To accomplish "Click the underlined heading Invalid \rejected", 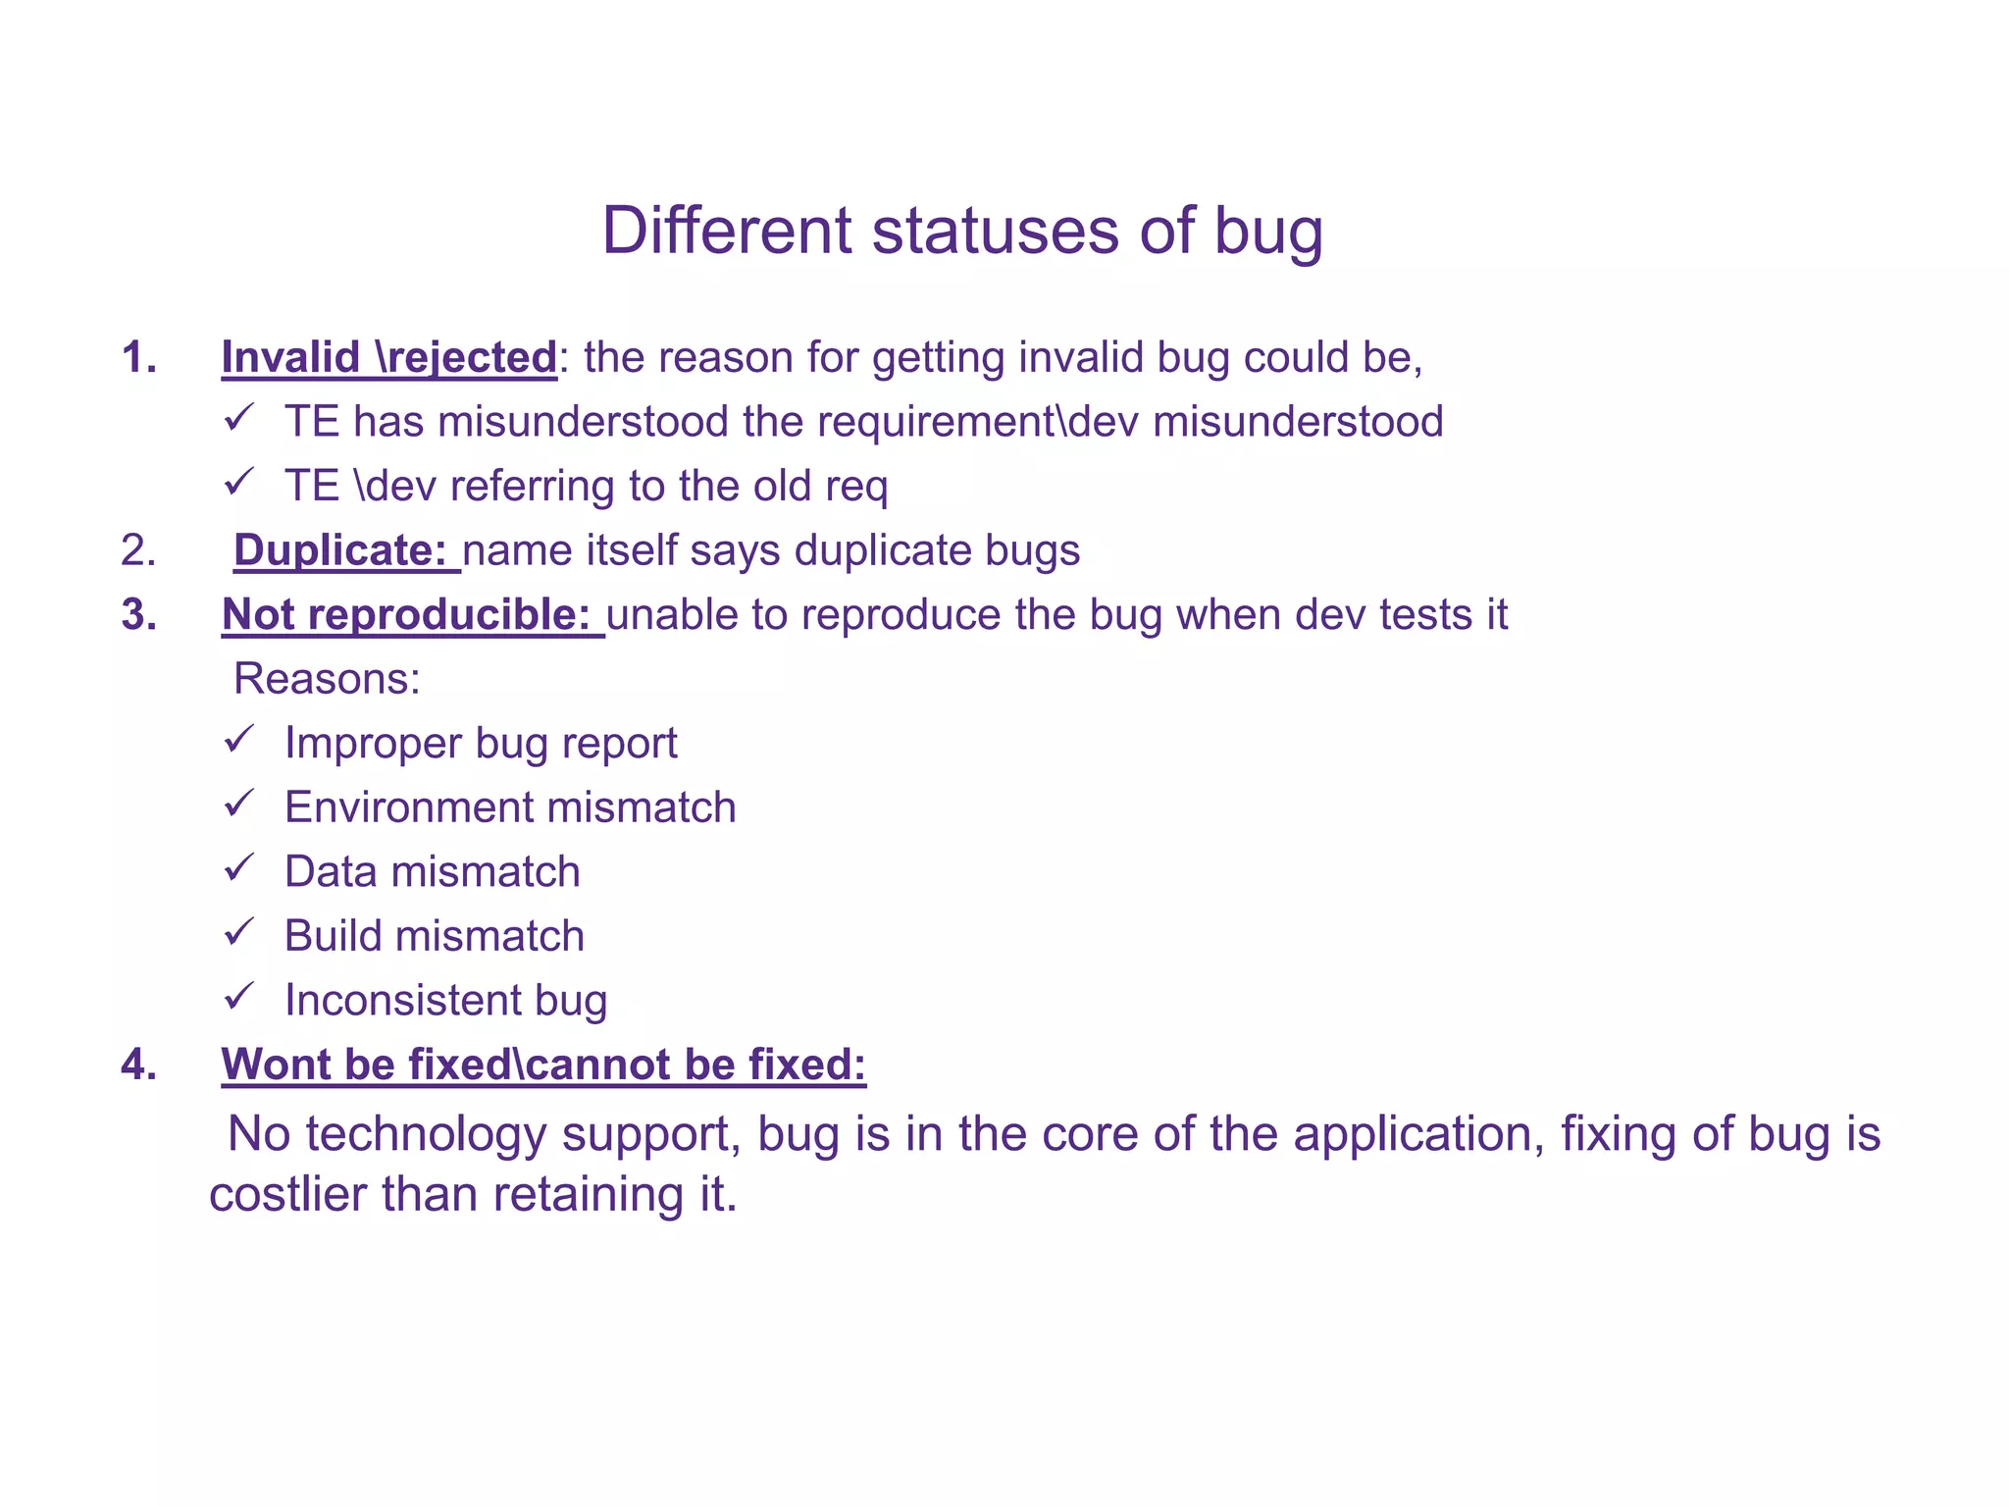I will [x=389, y=357].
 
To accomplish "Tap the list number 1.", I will [x=138, y=357].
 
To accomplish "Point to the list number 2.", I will [x=138, y=550].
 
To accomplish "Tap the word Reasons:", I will [x=327, y=679].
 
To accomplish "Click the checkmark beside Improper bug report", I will [x=238, y=739].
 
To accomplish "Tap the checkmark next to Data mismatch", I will [x=238, y=867].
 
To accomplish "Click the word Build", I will [x=333, y=936].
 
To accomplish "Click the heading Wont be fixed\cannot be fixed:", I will [x=543, y=1065].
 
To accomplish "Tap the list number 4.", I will [x=138, y=1065].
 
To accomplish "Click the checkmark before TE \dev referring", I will [x=238, y=482].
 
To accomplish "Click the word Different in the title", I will [x=727, y=232].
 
